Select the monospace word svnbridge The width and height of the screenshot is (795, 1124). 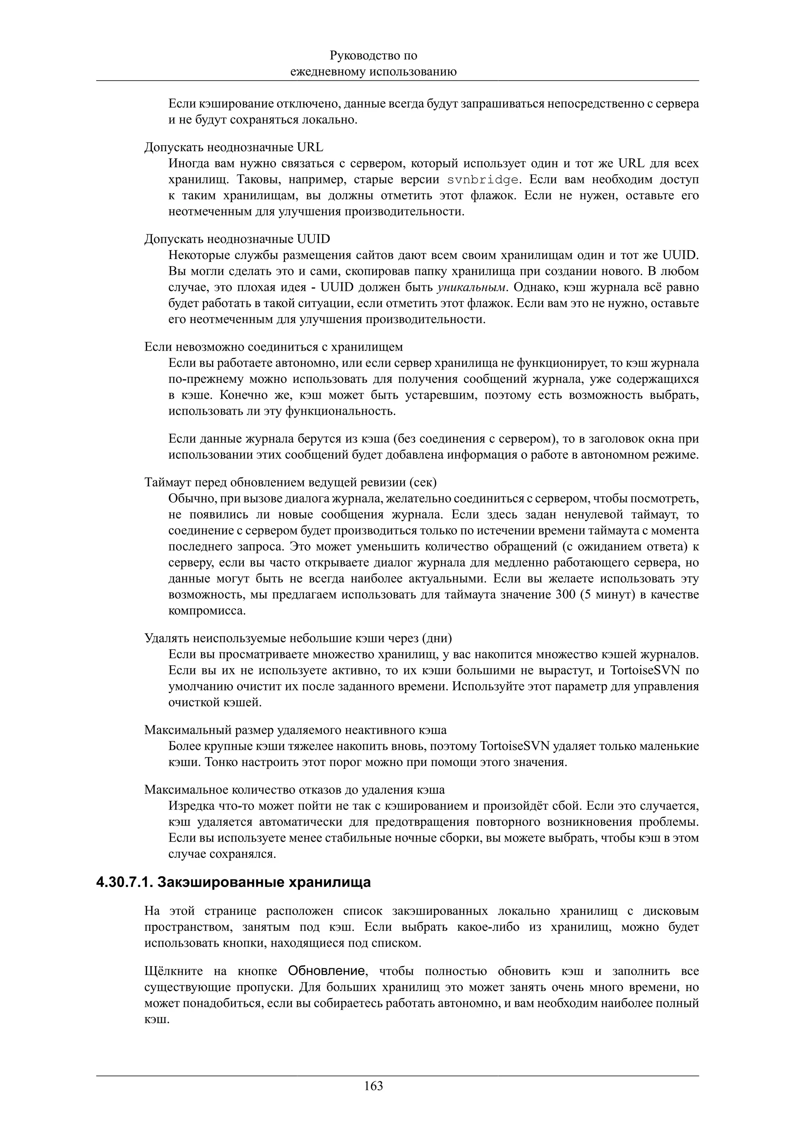(483, 180)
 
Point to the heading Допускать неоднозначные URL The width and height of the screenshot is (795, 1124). (234, 147)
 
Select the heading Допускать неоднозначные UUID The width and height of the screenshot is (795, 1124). (237, 239)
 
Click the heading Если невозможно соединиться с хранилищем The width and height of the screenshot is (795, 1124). (273, 347)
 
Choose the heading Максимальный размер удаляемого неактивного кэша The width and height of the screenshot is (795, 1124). (295, 730)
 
